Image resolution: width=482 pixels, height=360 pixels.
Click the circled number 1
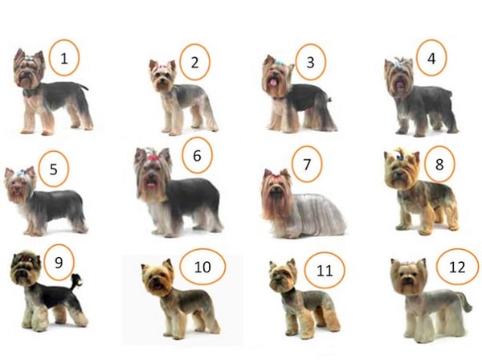(63, 58)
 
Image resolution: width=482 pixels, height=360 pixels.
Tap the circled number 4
(431, 58)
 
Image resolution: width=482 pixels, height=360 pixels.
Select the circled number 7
(307, 164)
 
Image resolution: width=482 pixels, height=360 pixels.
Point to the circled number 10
(202, 267)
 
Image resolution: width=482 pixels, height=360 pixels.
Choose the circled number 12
(457, 267)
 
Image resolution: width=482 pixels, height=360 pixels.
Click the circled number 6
(197, 155)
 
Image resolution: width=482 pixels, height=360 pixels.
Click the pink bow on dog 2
(163, 66)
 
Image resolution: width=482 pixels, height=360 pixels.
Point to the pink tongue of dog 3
(272, 82)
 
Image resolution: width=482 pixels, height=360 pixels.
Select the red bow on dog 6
(153, 158)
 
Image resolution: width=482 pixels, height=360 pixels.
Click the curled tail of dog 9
(76, 280)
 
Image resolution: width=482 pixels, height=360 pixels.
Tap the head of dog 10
(157, 277)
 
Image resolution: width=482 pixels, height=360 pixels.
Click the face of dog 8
(400, 171)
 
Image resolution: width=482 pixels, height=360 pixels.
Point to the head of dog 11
(282, 276)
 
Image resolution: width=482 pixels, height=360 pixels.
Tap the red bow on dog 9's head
(26, 259)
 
